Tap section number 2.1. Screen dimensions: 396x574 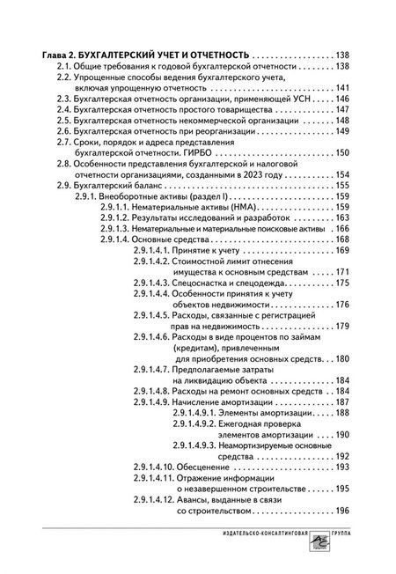click(64, 67)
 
